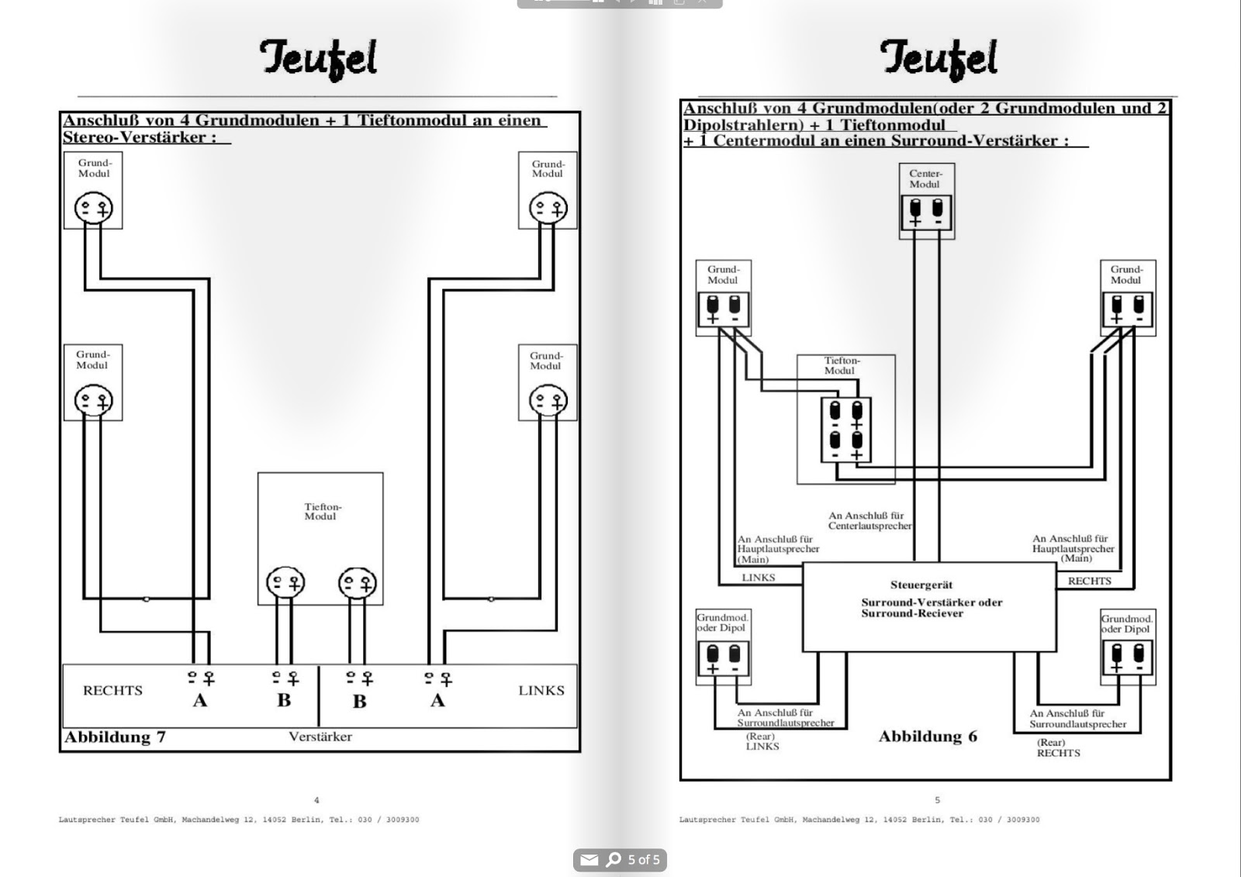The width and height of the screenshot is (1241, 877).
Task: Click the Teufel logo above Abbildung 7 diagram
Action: pyautogui.click(x=318, y=59)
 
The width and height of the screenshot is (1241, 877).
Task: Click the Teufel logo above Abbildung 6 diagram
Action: pyautogui.click(x=938, y=58)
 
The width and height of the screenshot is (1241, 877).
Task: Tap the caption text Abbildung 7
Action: pyautogui.click(x=115, y=737)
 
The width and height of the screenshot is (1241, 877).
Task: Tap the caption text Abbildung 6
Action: pyautogui.click(x=928, y=737)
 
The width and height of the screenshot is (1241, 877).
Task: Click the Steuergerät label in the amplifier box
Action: pyautogui.click(x=921, y=585)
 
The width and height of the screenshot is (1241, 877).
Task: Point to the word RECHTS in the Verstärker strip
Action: pyautogui.click(x=112, y=690)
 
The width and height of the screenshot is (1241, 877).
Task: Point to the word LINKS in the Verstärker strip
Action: pyautogui.click(x=541, y=690)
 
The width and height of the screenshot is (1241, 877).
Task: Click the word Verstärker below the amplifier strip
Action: pyautogui.click(x=320, y=737)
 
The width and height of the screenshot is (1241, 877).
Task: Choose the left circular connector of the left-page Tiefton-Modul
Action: pyautogui.click(x=285, y=582)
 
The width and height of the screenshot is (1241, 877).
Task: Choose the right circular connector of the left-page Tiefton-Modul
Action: pyautogui.click(x=358, y=582)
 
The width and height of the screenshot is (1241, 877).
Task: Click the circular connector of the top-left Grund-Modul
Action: pyautogui.click(x=93, y=208)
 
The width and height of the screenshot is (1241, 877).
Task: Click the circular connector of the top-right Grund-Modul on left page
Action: pyautogui.click(x=548, y=208)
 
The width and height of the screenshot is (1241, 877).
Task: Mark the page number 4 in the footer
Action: pyautogui.click(x=316, y=800)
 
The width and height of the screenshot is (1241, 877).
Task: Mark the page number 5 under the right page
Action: pyautogui.click(x=937, y=800)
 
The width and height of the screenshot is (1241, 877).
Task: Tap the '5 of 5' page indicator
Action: pyautogui.click(x=644, y=859)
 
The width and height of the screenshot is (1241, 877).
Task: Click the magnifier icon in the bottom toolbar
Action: pyautogui.click(x=614, y=859)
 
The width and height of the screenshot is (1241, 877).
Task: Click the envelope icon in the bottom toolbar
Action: pyautogui.click(x=589, y=859)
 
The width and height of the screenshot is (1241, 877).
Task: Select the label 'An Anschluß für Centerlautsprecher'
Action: pyautogui.click(x=869, y=520)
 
